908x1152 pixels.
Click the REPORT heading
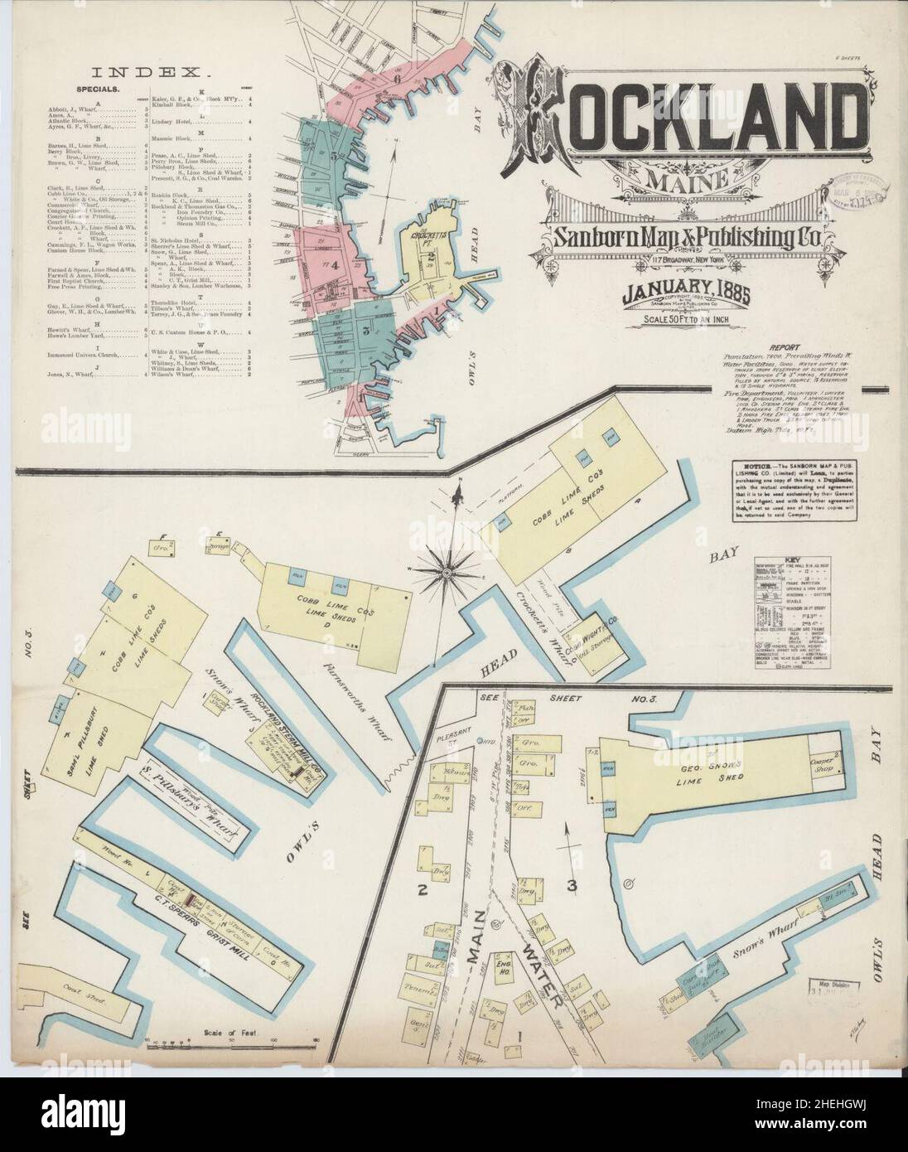[x=781, y=348]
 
